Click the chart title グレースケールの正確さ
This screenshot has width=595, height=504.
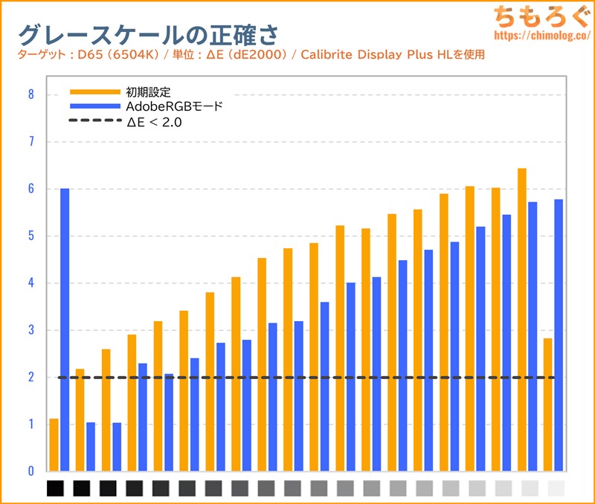tap(149, 33)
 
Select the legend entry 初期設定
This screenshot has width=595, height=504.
tap(149, 92)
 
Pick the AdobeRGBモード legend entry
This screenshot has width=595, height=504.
tap(175, 107)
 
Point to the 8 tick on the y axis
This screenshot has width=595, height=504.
tap(30, 94)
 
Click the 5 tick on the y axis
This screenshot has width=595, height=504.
tap(30, 236)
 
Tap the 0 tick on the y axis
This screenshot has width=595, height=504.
tap(30, 471)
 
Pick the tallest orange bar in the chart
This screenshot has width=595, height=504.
tap(522, 320)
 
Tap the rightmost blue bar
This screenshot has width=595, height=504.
tap(559, 335)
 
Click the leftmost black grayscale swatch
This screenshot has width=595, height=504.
tap(56, 488)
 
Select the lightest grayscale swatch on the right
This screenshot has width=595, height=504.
tap(556, 488)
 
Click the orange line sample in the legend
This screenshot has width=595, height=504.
tap(94, 92)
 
